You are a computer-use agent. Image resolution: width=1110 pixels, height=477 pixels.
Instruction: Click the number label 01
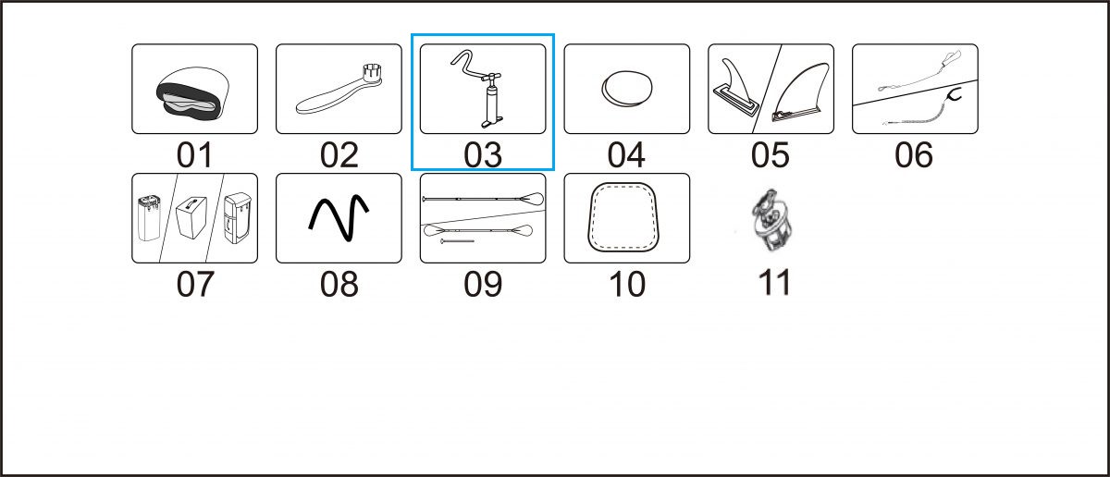point(195,155)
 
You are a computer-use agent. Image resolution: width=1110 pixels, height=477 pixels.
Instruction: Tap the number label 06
point(914,155)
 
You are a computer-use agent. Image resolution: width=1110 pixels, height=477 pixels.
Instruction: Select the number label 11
point(774,283)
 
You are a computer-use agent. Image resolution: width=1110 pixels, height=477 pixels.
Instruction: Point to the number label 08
point(339,285)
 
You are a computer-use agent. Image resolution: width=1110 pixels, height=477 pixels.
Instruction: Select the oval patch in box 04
point(627,89)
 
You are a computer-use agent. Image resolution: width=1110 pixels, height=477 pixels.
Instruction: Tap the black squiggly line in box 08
point(339,218)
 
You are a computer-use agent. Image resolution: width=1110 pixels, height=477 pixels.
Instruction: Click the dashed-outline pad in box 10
point(627,218)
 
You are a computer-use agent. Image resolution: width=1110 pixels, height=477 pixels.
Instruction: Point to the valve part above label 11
point(772,219)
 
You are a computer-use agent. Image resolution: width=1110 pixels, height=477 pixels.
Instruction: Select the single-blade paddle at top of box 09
point(483,199)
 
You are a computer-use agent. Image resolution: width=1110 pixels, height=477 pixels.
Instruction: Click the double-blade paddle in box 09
point(478,231)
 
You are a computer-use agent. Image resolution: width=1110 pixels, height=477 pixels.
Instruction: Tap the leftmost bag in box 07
point(148,218)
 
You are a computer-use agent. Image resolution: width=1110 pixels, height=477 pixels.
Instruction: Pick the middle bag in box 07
point(191,218)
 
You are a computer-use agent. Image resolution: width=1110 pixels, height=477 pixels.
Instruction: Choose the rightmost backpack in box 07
point(238,218)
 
